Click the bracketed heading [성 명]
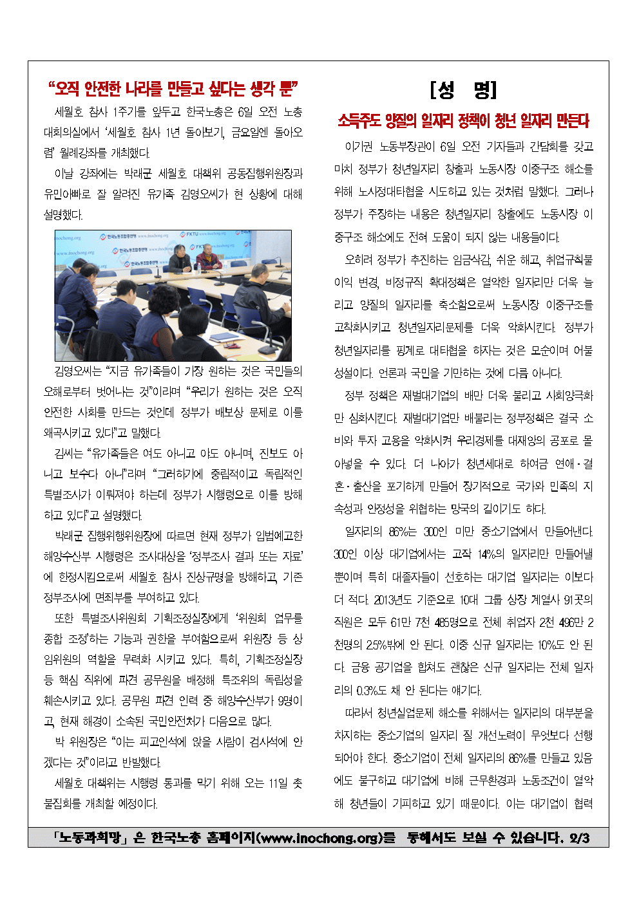(x=463, y=89)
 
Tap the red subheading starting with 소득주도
(x=463, y=120)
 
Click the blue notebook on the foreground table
(x=225, y=337)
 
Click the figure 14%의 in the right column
(x=491, y=554)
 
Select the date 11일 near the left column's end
(x=278, y=783)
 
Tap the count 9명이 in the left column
(x=288, y=701)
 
